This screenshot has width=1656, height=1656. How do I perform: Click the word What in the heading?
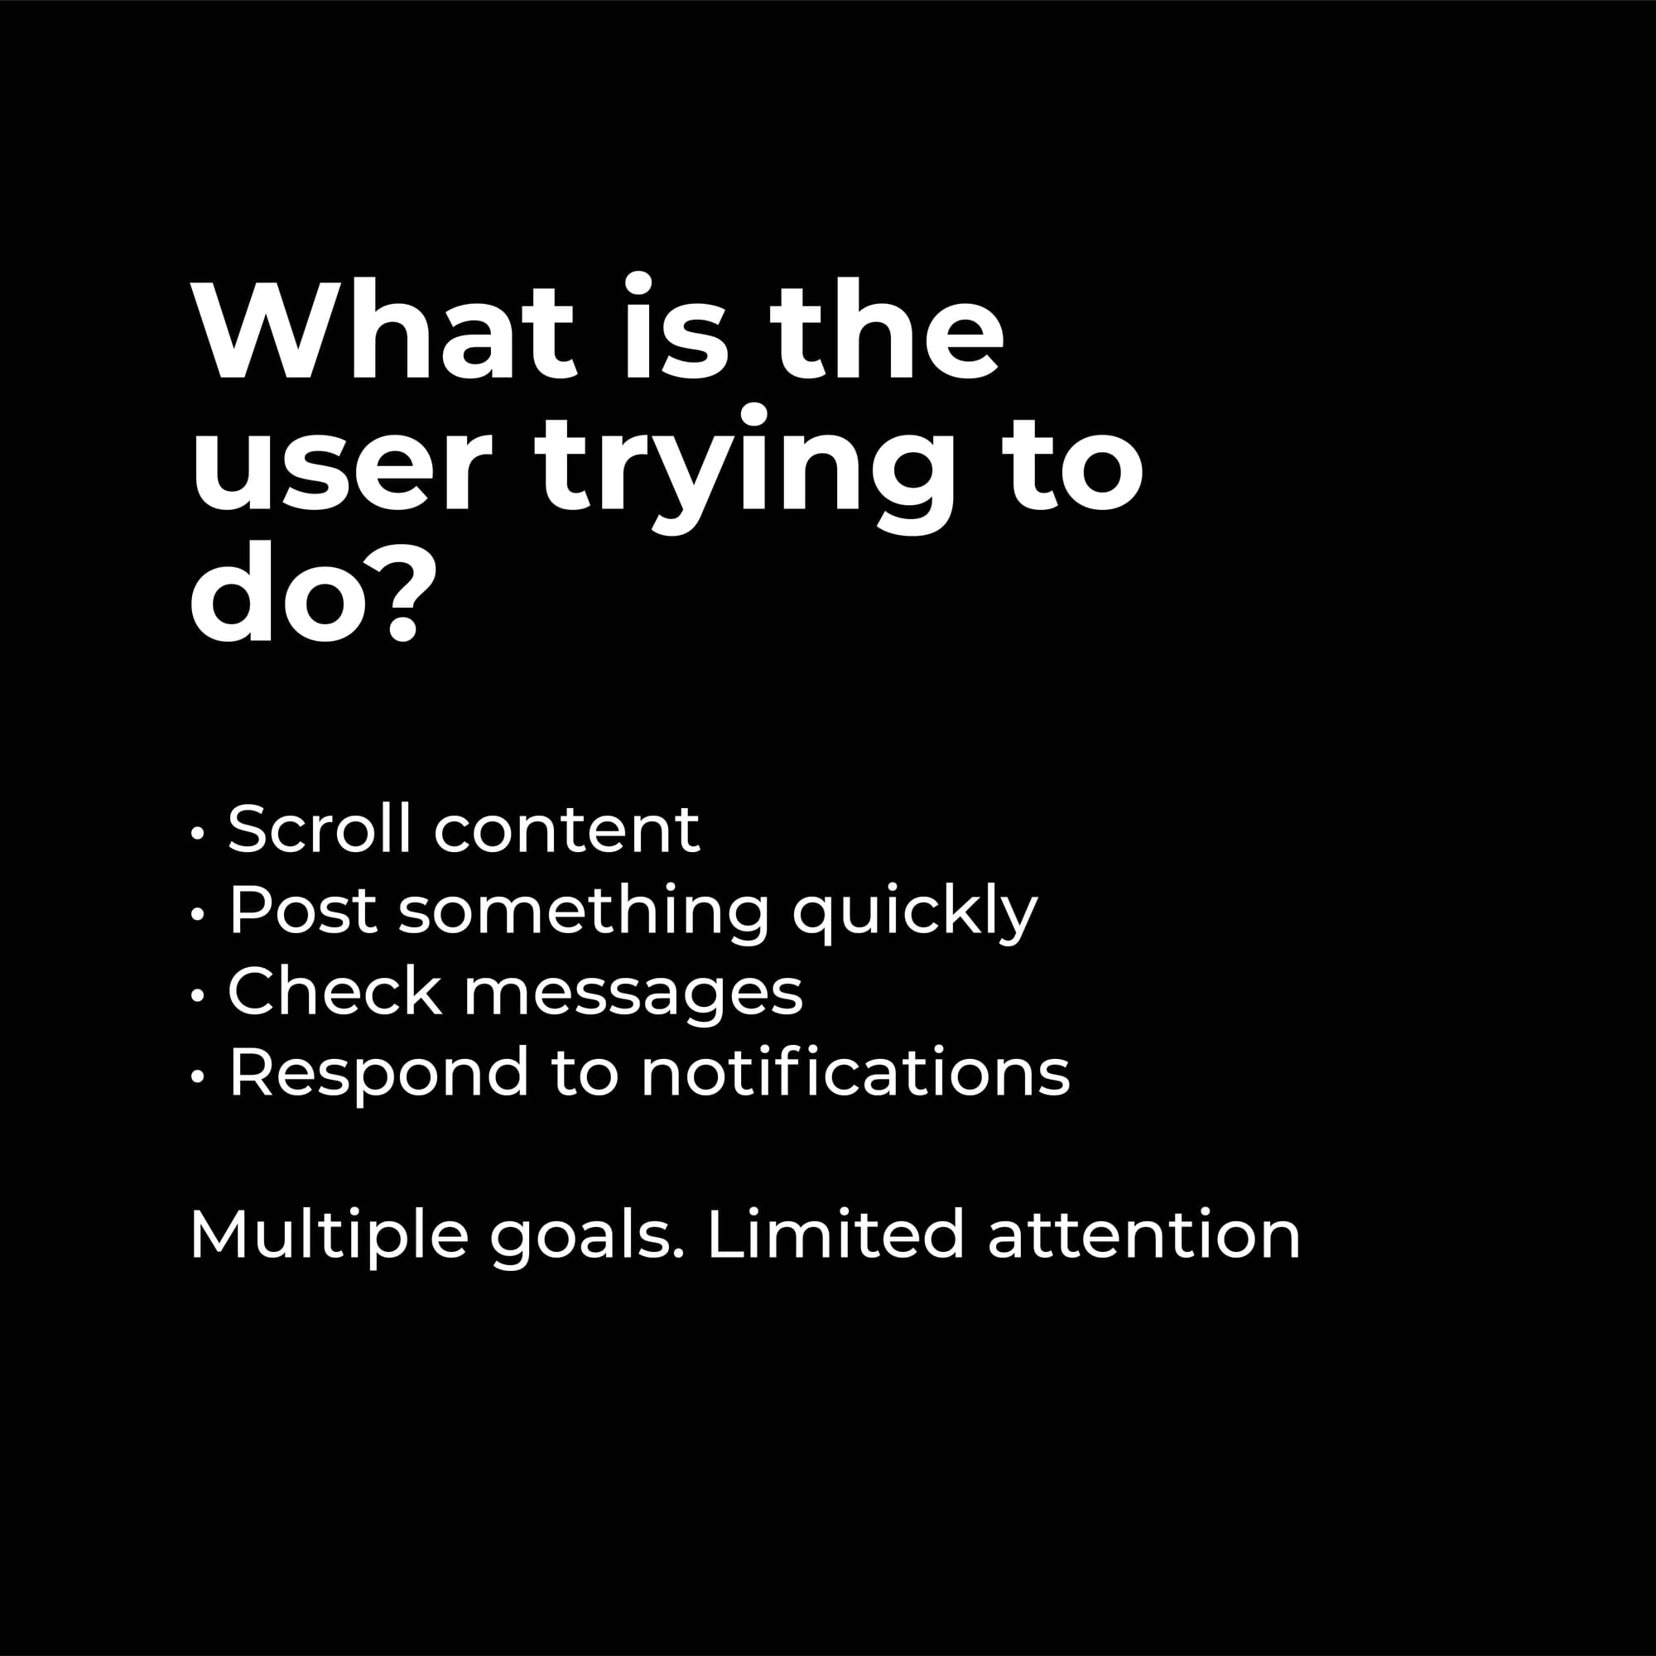383,328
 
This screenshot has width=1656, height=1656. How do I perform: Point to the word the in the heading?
887,328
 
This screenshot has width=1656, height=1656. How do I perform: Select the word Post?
302,910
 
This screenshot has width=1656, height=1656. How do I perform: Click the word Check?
335,992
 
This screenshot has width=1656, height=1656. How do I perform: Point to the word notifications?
855,1071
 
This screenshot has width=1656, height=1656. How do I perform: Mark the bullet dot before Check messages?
198,995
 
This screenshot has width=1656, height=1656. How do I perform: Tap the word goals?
587,1240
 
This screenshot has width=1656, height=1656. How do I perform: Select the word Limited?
835,1235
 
